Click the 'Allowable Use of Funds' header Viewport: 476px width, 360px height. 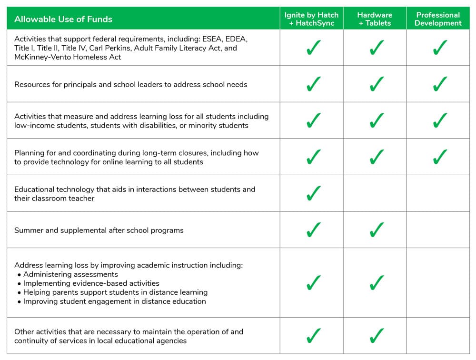[63, 19]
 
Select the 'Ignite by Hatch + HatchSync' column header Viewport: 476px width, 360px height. [311, 19]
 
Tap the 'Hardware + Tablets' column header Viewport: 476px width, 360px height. [375, 19]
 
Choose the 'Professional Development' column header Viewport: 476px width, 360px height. [438, 19]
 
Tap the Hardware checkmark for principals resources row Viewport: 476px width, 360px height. [376, 84]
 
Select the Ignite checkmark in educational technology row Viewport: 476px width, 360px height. [313, 193]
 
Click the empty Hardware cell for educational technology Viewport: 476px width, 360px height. [375, 193]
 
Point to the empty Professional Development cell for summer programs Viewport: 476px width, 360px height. [438, 230]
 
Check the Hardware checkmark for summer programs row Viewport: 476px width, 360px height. [376, 230]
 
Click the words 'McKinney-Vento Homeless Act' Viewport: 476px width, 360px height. [68, 57]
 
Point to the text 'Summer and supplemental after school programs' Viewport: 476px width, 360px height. [99, 230]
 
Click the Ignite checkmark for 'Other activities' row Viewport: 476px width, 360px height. [313, 336]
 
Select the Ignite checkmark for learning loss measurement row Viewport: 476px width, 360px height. [313, 120]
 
